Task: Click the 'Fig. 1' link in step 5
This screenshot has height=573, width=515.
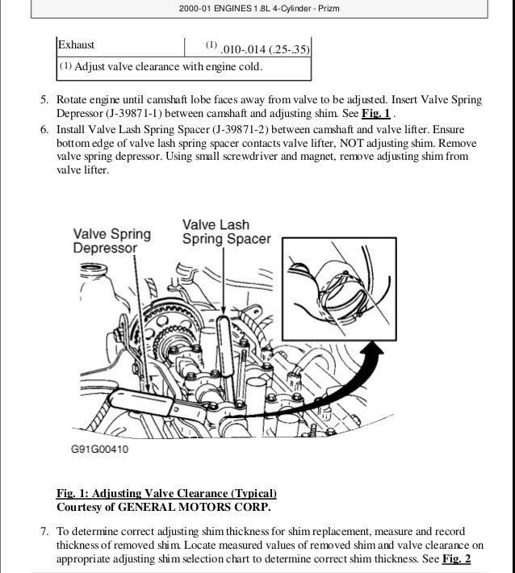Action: [376, 114]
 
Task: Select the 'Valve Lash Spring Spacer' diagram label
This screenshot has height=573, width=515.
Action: [226, 232]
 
